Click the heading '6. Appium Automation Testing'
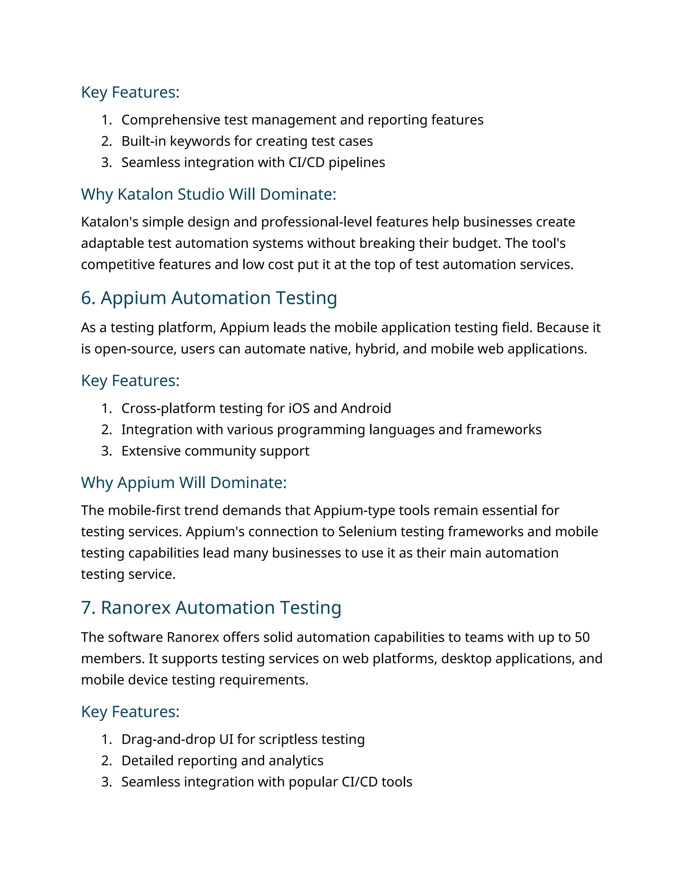coord(209,298)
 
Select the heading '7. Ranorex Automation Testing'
coord(211,608)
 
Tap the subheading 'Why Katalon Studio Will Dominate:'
coord(208,194)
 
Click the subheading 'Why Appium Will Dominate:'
coord(183,483)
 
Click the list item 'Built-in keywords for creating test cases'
coord(247,141)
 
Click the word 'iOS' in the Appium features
coord(299,408)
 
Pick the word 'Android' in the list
coord(366,408)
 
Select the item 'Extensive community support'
coord(215,451)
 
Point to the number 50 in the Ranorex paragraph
coord(582,637)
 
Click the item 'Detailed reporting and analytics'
coord(222,761)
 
